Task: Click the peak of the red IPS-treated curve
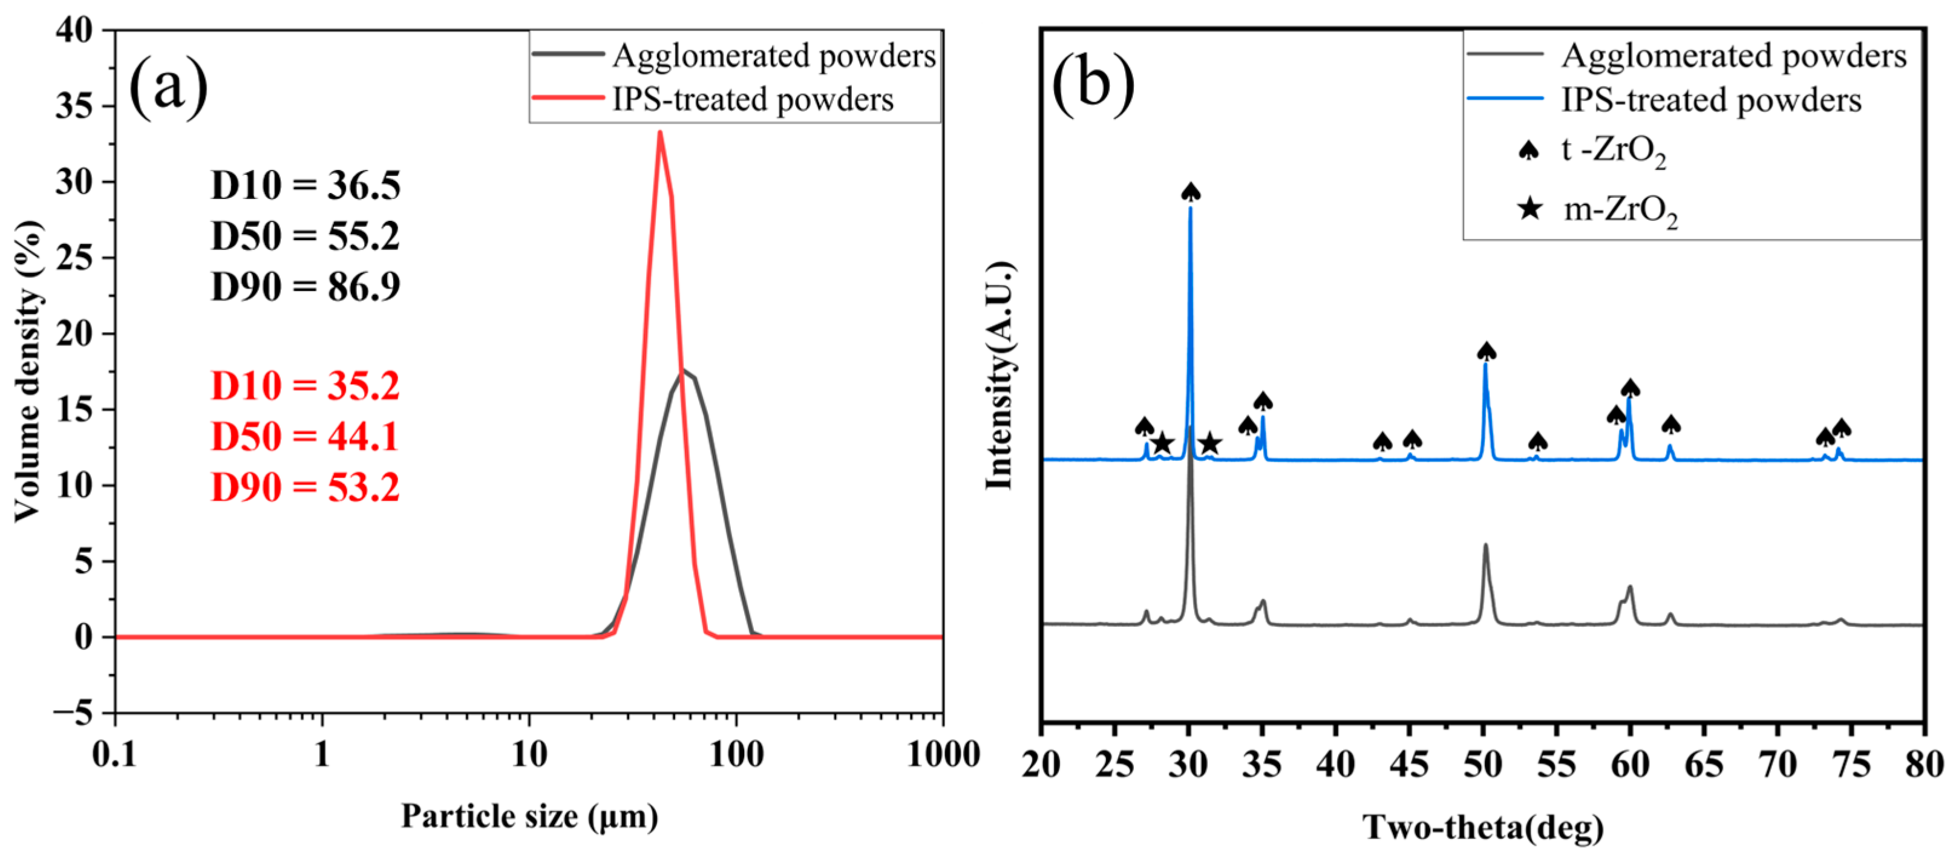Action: click(x=660, y=134)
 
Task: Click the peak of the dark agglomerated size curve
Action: click(x=682, y=371)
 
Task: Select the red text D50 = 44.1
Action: click(x=306, y=437)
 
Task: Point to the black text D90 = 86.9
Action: click(x=306, y=286)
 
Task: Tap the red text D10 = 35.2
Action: click(x=306, y=386)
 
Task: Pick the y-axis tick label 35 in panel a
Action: click(x=74, y=106)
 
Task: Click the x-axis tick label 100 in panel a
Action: click(x=735, y=755)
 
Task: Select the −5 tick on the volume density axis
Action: click(x=72, y=713)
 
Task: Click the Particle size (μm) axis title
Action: click(x=529, y=817)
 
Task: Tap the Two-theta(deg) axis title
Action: click(x=1482, y=827)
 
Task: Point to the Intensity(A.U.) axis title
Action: click(x=1000, y=376)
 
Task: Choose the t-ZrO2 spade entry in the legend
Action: click(x=1528, y=151)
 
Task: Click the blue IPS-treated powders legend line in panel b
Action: click(x=1505, y=99)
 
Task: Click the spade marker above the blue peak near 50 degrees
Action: click(x=1486, y=351)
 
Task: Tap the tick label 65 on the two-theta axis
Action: click(x=1704, y=764)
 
